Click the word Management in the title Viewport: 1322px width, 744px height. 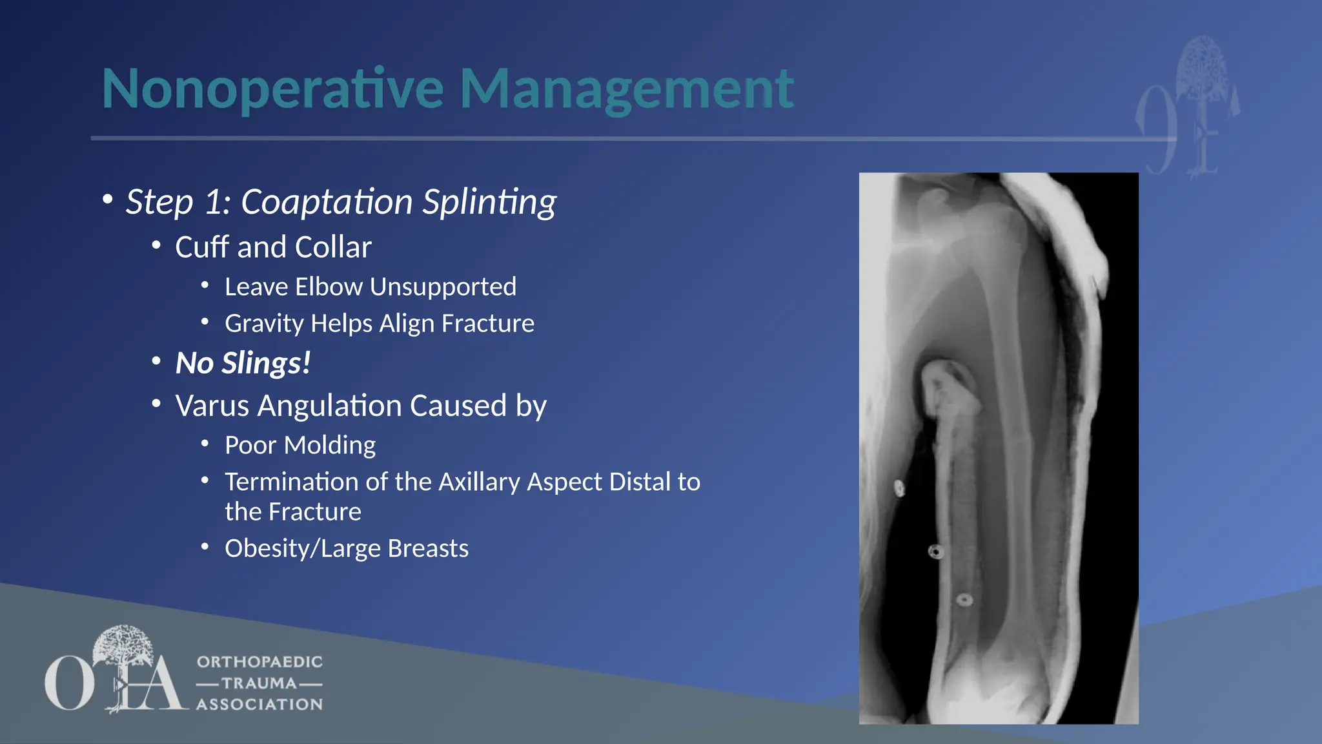click(x=626, y=89)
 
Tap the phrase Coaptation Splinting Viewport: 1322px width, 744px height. click(x=398, y=201)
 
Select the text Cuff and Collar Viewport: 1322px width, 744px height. click(x=273, y=247)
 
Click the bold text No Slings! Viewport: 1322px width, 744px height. click(x=243, y=363)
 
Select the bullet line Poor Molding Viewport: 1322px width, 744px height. click(x=300, y=446)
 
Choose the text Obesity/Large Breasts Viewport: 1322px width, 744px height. click(x=347, y=548)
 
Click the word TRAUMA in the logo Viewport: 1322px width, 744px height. click(x=259, y=683)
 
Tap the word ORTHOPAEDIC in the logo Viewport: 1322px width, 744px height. click(x=259, y=662)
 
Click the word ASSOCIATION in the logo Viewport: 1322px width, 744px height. click(x=259, y=705)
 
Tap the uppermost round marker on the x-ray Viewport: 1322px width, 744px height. click(x=899, y=488)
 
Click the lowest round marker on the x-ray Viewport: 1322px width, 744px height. click(x=964, y=600)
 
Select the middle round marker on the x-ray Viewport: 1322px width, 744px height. click(x=936, y=552)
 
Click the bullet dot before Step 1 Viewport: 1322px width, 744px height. click(x=108, y=200)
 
